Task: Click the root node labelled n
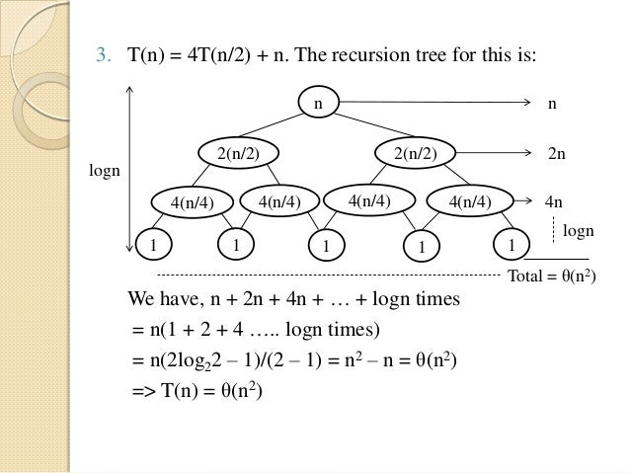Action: [x=318, y=101]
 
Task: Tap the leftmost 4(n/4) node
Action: [x=192, y=202]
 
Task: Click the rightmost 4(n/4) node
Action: [x=469, y=201]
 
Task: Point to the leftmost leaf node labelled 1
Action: [x=153, y=243]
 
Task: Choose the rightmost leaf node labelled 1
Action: [x=511, y=243]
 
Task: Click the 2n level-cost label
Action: [x=557, y=155]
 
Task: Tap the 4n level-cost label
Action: [x=554, y=202]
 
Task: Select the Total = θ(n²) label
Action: [x=550, y=276]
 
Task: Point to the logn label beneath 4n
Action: [x=578, y=230]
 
